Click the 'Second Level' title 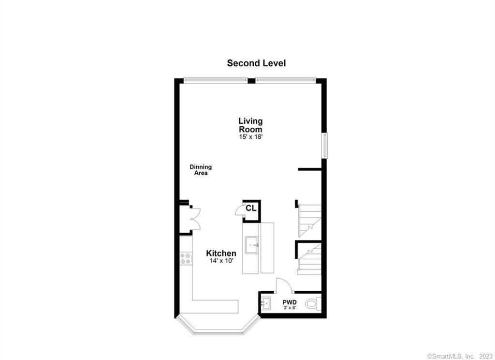pos(256,63)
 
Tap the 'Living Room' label pos(250,125)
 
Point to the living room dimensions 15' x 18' pos(250,137)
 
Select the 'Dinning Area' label pos(200,170)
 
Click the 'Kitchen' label pos(221,253)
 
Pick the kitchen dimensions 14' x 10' pos(221,261)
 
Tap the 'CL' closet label pos(250,208)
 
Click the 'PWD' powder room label pos(290,302)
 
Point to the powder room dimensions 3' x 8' pos(290,308)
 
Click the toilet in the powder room pos(313,304)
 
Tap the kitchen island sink pos(251,244)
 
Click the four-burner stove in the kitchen pos(185,258)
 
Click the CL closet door pos(238,210)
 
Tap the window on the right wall pos(325,145)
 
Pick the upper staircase pos(309,219)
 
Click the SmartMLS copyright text pos(460,356)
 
